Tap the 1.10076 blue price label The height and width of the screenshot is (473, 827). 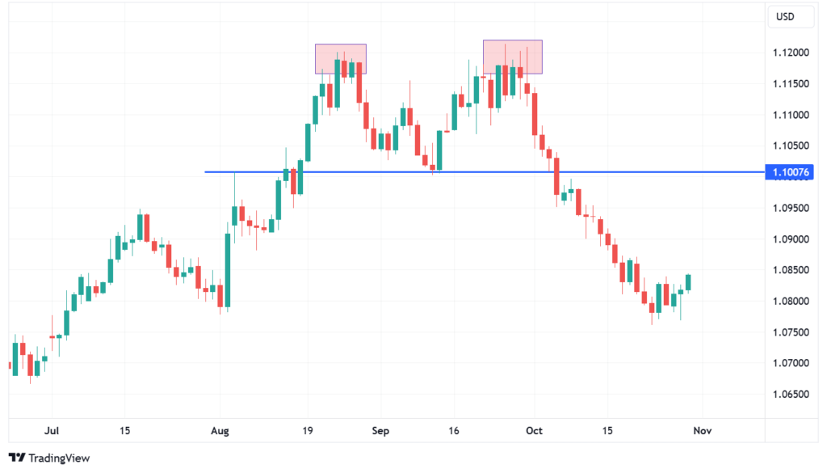point(791,172)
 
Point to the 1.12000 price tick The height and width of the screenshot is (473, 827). point(792,53)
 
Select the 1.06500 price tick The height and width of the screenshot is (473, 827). point(792,395)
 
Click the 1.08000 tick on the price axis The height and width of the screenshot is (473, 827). point(792,302)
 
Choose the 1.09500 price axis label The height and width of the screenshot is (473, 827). point(792,208)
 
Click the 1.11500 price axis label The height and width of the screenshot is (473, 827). point(792,84)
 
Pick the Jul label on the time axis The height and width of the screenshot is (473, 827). point(53,431)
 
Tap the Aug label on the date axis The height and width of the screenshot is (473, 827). point(220,431)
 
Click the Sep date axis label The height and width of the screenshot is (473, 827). point(380,431)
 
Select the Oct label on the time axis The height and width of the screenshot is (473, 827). point(533,431)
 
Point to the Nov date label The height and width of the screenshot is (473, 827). point(702,431)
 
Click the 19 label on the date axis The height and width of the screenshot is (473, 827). point(307,431)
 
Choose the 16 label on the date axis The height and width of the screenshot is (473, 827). point(454,431)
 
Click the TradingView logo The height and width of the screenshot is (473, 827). point(49,458)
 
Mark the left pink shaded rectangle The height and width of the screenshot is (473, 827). point(340,59)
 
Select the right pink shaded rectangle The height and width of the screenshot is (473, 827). point(512,57)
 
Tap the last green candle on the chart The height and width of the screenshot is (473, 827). point(688,281)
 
